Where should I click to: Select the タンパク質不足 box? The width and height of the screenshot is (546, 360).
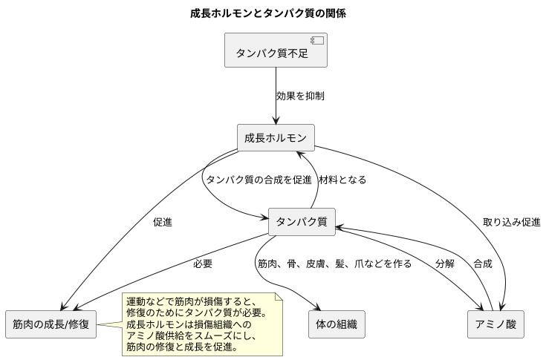(276, 52)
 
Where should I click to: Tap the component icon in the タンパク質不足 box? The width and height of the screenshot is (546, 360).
(314, 41)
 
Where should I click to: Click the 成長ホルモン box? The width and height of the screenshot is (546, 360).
(276, 138)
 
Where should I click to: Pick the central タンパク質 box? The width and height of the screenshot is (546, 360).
(302, 221)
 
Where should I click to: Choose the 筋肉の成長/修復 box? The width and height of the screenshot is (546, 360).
(51, 324)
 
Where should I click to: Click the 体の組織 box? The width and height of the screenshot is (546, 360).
(337, 324)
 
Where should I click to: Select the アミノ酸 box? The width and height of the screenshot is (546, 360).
(496, 324)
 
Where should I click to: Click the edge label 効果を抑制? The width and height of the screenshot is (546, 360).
(299, 96)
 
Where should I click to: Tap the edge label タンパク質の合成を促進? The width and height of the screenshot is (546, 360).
(258, 180)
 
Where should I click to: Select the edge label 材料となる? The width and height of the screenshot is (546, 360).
(342, 180)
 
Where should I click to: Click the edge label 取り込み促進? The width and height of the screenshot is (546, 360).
(511, 221)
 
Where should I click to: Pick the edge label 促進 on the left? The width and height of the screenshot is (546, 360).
(163, 221)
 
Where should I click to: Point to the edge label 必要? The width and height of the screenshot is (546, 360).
(202, 264)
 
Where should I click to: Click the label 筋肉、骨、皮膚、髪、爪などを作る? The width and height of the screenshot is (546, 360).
(334, 264)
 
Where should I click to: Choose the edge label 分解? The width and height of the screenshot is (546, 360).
(445, 264)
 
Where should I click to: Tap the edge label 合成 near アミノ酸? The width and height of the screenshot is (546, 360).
(482, 264)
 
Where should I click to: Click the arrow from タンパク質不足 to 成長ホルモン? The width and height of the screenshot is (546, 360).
(276, 96)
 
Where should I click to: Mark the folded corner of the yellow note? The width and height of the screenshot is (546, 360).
(280, 298)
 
